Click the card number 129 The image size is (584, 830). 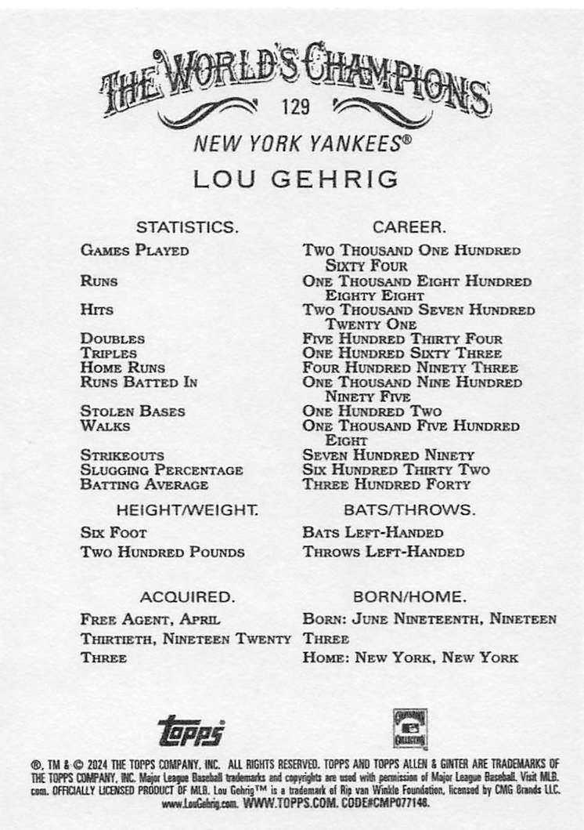[x=297, y=105]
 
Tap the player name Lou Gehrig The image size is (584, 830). [x=296, y=179]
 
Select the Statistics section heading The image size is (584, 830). [x=187, y=227]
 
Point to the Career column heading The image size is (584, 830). [x=409, y=227]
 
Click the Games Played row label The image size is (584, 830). [x=134, y=251]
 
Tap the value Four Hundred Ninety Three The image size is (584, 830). [x=410, y=368]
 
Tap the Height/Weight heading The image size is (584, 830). [x=187, y=509]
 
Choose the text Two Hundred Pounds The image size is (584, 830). [x=162, y=552]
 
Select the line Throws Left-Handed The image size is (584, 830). [x=383, y=552]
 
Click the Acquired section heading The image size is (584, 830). [x=187, y=596]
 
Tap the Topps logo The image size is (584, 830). [x=191, y=731]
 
